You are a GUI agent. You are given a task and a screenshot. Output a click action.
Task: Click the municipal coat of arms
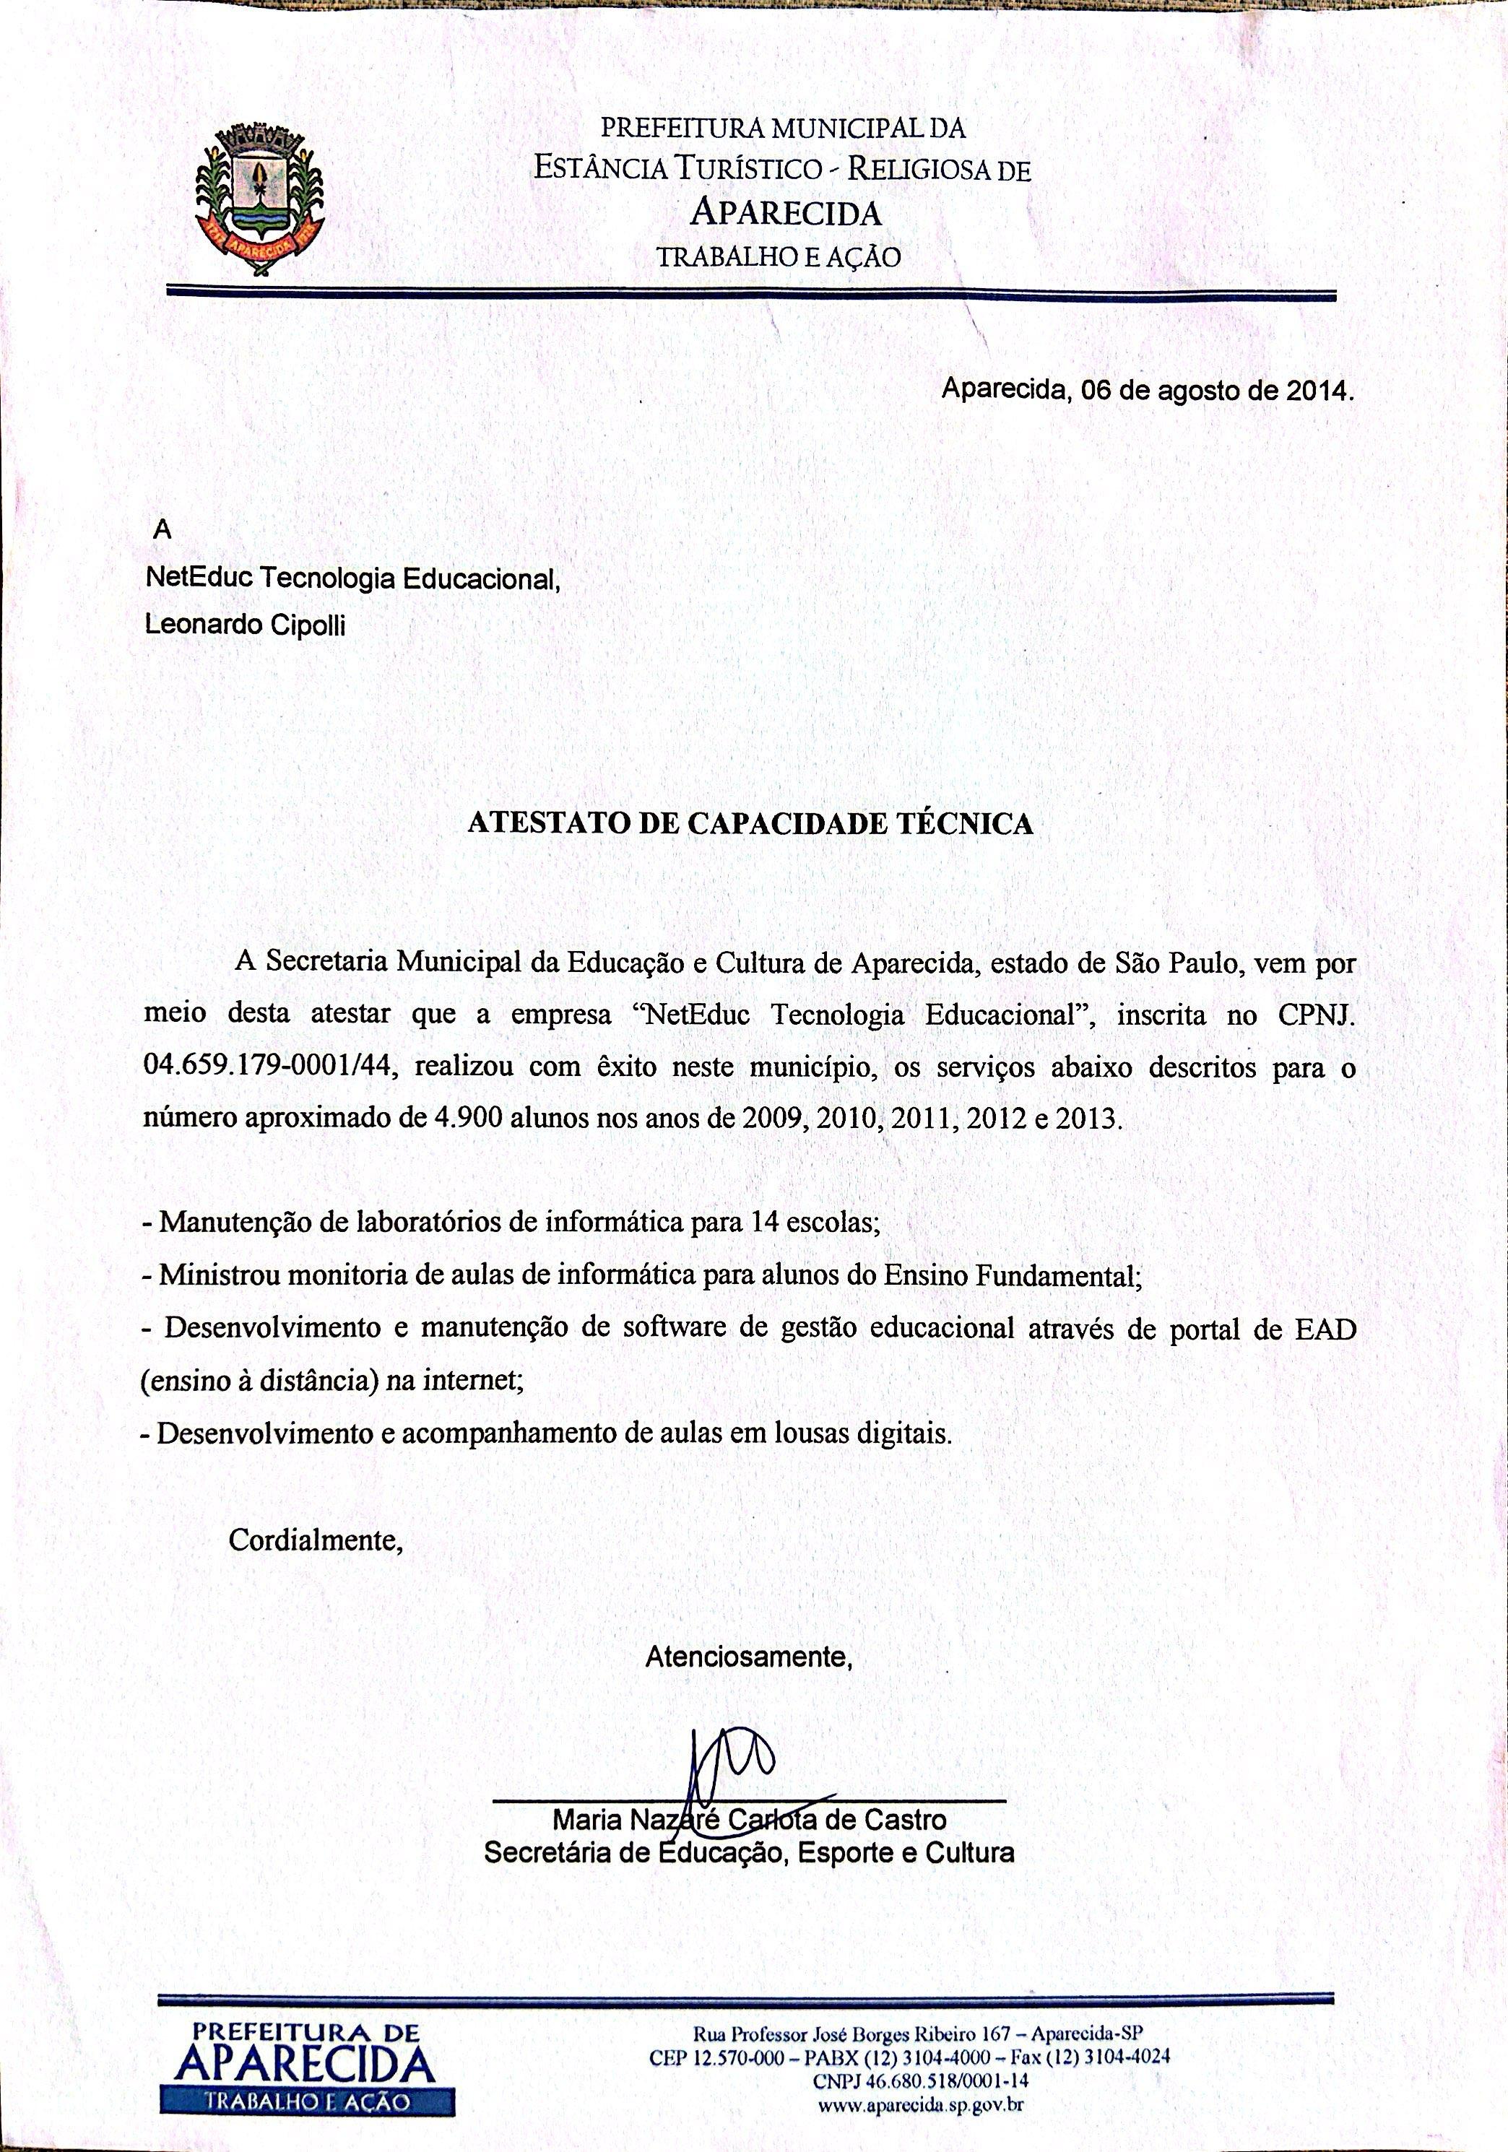pos(258,199)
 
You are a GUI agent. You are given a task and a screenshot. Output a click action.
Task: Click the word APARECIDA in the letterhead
pos(785,214)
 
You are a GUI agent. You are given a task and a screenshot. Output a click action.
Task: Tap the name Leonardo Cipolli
pos(245,625)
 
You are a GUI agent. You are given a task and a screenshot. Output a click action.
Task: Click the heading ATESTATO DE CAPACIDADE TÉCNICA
pos(750,823)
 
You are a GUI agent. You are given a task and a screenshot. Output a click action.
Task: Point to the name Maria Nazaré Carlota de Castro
pos(749,1821)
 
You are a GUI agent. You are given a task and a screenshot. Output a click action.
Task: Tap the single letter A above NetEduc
pos(163,531)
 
